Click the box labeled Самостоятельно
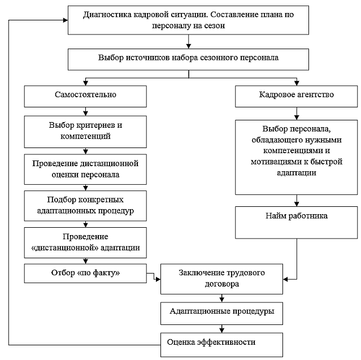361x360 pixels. (85, 96)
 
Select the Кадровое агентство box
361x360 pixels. (296, 96)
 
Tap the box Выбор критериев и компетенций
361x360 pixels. (85, 132)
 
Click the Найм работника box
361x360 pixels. (296, 222)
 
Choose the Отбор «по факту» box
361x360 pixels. (85, 274)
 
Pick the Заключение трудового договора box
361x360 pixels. (221, 279)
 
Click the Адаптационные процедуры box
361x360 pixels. (221, 314)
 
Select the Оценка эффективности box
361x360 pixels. (221, 345)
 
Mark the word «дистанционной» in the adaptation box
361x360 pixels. (65, 248)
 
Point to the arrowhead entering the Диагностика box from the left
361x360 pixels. (66, 20)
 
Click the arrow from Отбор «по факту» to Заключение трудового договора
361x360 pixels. (154, 276)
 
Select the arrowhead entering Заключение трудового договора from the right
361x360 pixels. (285, 279)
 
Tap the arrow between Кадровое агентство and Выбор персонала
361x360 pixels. (297, 114)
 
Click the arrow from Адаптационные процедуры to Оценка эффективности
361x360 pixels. (221, 329)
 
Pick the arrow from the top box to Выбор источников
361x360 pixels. (189, 42)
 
